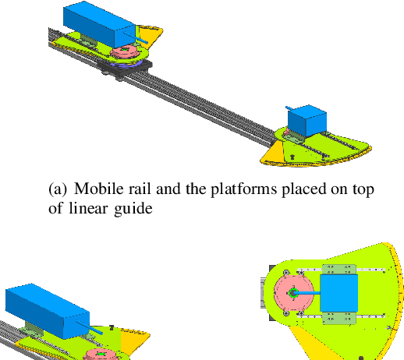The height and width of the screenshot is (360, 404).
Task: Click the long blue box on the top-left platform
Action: coord(100,24)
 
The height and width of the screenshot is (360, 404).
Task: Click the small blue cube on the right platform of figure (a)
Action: coord(306,120)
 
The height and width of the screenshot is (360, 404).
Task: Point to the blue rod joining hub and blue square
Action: coord(309,292)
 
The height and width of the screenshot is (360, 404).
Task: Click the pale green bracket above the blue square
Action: coord(338,269)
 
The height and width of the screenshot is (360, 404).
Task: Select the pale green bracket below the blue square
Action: coord(338,316)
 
